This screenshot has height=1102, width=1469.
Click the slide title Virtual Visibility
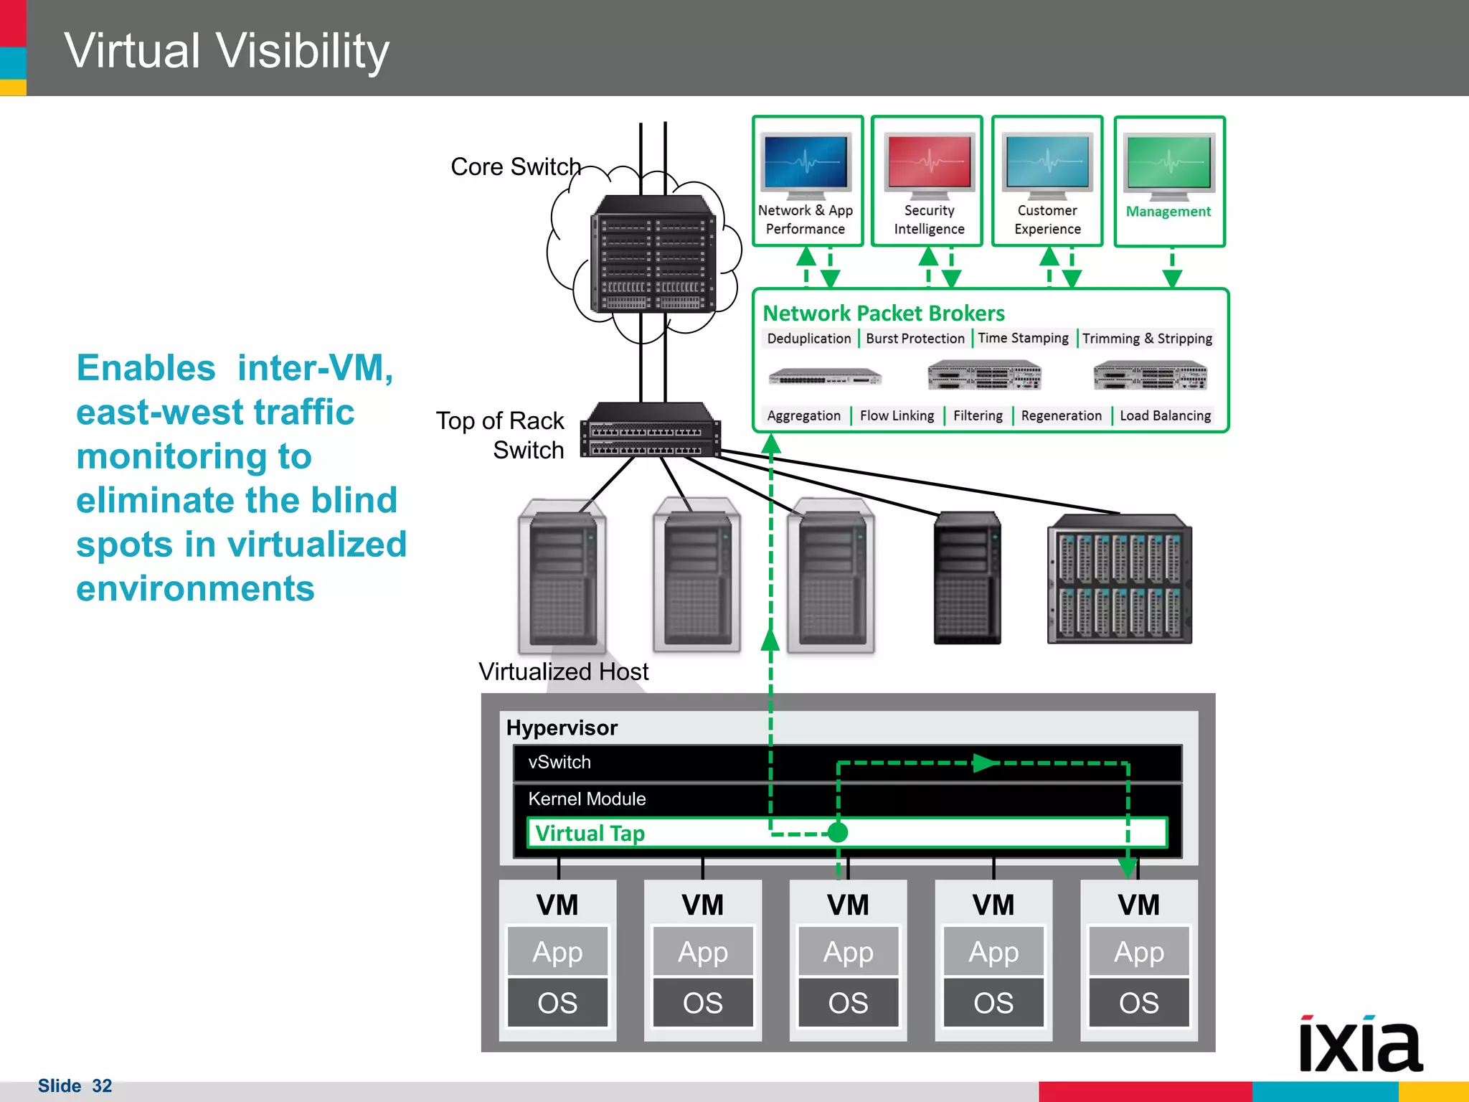(227, 52)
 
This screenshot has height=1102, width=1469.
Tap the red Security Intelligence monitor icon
(929, 163)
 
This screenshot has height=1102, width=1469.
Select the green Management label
(1168, 212)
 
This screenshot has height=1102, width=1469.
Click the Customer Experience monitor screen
(1047, 163)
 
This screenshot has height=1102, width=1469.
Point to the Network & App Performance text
(806, 220)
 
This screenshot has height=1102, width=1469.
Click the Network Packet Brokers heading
(883, 314)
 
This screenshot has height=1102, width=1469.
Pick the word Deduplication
(808, 339)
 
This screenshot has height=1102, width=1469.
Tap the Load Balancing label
(1165, 416)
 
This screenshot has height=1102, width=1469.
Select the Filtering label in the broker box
(978, 416)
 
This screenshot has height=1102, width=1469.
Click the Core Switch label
(516, 167)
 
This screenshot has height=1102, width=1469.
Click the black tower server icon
(967, 578)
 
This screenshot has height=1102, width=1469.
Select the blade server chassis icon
(1119, 579)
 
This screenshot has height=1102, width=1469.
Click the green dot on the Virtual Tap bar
(837, 832)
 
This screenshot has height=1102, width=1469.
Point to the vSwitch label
(559, 763)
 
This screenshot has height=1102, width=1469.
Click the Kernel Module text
(587, 799)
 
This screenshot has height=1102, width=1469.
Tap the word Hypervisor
(562, 728)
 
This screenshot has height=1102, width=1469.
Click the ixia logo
(1360, 1045)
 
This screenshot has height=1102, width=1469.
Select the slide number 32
(102, 1086)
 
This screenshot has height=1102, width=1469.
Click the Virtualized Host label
(563, 672)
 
